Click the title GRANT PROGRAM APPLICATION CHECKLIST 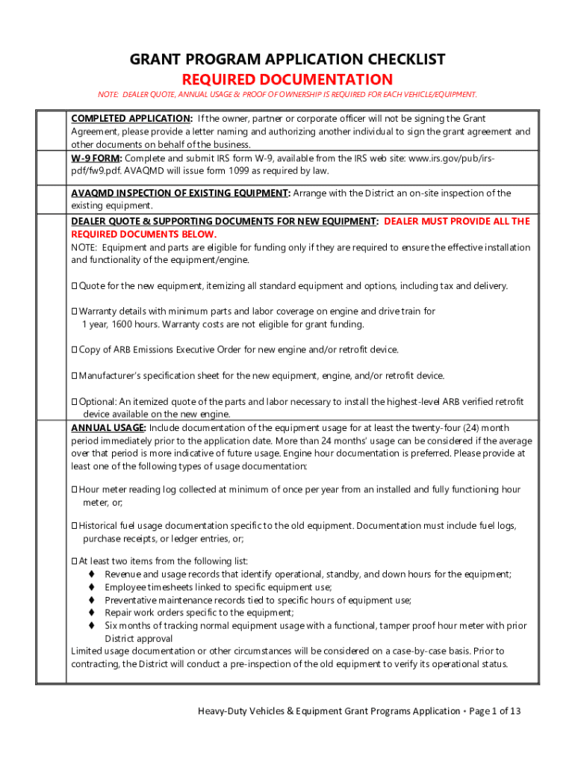coord(287,60)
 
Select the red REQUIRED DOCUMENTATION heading coord(287,79)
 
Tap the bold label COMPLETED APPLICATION coord(131,119)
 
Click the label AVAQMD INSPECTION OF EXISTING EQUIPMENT coord(180,193)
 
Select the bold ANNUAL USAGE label coord(108,428)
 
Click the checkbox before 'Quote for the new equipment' coord(75,286)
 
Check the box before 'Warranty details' coord(75,312)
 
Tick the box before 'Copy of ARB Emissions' coord(75,350)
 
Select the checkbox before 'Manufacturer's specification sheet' coord(75,376)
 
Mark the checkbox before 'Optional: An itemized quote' coord(75,402)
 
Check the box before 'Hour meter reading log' coord(75,490)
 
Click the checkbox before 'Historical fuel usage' coord(75,526)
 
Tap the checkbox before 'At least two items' coord(75,562)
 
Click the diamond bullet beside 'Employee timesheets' coord(91,587)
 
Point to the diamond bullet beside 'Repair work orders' coord(91,613)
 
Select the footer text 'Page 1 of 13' coord(494,711)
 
